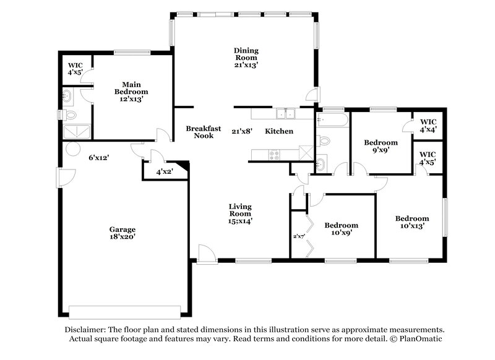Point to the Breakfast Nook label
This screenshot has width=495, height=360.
tap(204, 132)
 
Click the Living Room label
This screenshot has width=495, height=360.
tap(240, 213)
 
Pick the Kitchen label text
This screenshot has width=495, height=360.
tap(279, 131)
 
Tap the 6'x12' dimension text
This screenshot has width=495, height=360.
tap(99, 158)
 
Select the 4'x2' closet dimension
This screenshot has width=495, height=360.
tap(165, 171)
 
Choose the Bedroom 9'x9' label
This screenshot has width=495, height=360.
tap(381, 145)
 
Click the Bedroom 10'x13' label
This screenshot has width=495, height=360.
tap(412, 222)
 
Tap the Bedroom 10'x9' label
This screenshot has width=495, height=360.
tap(342, 229)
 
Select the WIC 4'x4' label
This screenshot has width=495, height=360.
tap(428, 126)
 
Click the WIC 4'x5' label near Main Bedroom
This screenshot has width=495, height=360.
tap(75, 69)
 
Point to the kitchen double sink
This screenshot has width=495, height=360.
tap(286, 113)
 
